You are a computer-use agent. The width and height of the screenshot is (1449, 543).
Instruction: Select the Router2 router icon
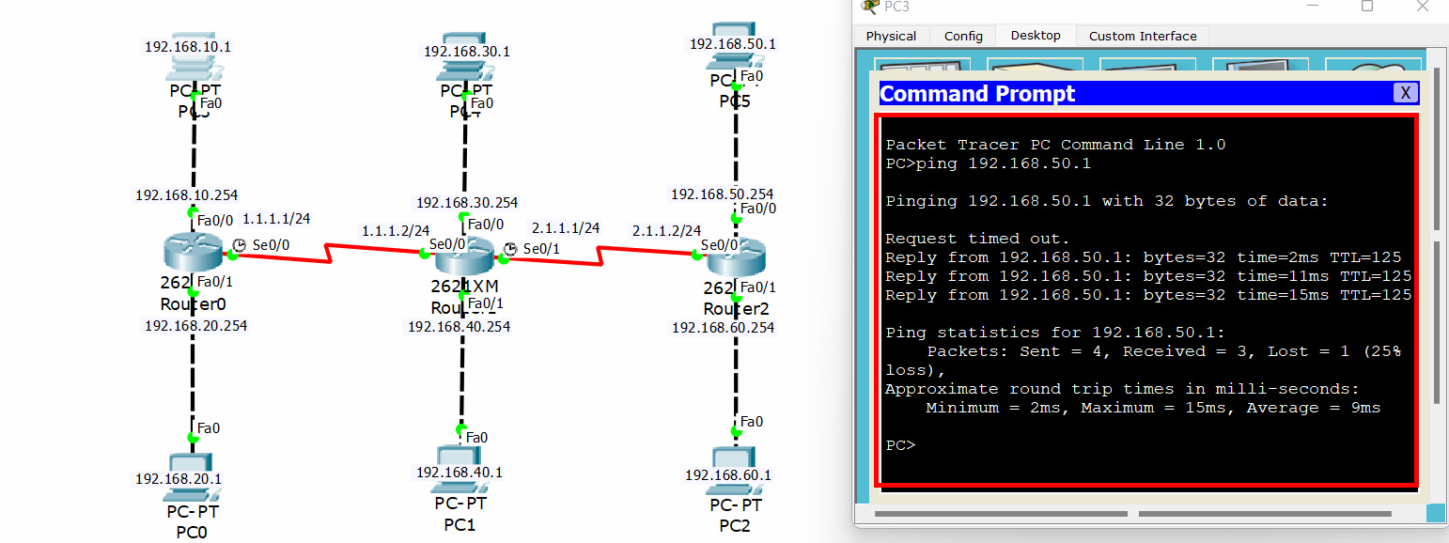tap(735, 256)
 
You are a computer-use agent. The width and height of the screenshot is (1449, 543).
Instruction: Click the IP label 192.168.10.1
tap(188, 46)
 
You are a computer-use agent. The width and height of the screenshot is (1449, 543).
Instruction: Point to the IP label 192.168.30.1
tap(467, 52)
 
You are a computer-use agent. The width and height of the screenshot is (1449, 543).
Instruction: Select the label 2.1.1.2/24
tap(667, 230)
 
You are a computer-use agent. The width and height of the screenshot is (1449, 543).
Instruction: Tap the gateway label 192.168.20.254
tap(195, 326)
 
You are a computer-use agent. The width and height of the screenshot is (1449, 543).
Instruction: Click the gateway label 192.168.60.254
tap(724, 327)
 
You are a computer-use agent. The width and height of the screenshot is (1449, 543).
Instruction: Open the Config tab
tap(963, 36)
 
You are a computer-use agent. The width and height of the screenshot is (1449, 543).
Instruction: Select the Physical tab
tap(891, 36)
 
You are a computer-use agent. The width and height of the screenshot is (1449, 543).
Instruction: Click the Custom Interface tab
tap(1143, 36)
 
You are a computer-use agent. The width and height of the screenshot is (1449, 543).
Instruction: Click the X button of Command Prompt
tap(1405, 92)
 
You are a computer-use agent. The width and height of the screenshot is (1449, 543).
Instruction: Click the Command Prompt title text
tap(977, 94)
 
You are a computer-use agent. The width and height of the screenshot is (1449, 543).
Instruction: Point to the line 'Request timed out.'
tap(977, 239)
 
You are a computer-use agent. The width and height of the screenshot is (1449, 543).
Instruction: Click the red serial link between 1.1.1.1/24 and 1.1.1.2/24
tap(329, 251)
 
